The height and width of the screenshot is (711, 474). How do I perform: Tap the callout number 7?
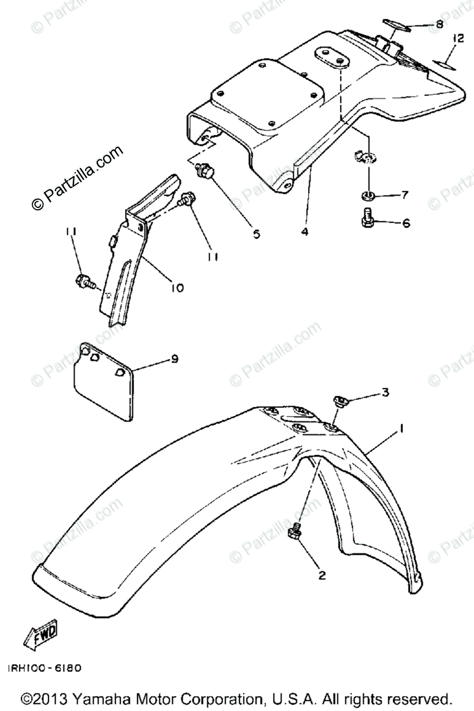pyautogui.click(x=405, y=195)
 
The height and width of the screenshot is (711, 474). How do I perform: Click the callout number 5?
pyautogui.click(x=256, y=233)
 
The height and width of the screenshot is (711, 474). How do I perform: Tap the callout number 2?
pyautogui.click(x=322, y=574)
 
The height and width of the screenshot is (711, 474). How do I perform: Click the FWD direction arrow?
pyautogui.click(x=40, y=637)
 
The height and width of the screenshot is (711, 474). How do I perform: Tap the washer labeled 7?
pyautogui.click(x=366, y=196)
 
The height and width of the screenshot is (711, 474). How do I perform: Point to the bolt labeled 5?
pyautogui.click(x=204, y=172)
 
